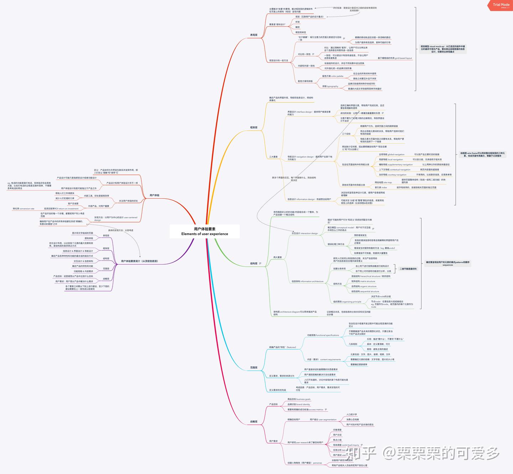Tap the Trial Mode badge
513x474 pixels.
click(x=501, y=5)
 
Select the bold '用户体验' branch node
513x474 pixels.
click(x=154, y=195)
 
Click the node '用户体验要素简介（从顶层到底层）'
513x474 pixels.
click(x=139, y=261)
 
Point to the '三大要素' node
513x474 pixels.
click(x=273, y=157)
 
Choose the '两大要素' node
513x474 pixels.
click(x=278, y=257)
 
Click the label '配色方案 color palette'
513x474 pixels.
click(x=333, y=76)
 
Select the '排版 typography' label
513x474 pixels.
click(x=330, y=86)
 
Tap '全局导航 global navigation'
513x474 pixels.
click(x=392, y=155)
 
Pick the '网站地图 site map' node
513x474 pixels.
click(x=383, y=182)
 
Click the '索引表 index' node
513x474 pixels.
click(x=380, y=187)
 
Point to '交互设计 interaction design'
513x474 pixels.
click(x=305, y=233)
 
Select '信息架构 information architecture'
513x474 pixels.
click(x=307, y=281)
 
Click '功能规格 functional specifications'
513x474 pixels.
click(x=323, y=335)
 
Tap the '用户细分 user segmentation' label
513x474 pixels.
click(x=323, y=420)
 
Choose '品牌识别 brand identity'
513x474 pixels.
click(x=299, y=404)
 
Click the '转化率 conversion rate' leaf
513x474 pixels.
click(x=24, y=209)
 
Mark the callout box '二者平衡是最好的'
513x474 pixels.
click(x=408, y=269)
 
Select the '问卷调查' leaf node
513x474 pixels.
click(x=337, y=430)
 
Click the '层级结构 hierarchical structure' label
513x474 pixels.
click(x=370, y=276)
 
